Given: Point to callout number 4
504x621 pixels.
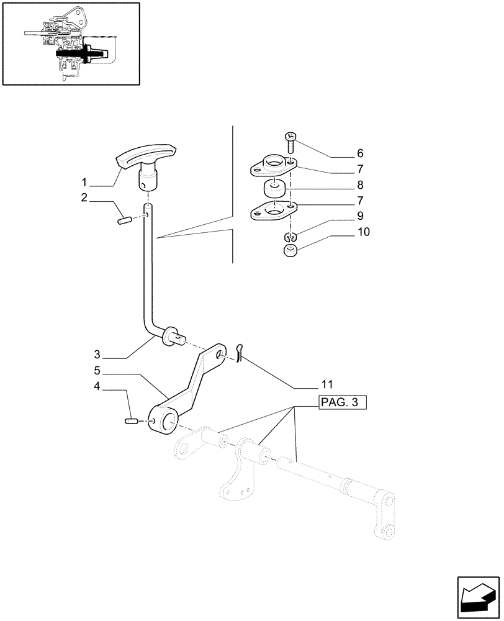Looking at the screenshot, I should click(97, 386).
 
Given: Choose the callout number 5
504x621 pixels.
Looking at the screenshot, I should click(97, 371).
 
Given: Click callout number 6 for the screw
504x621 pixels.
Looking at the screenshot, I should click(360, 153).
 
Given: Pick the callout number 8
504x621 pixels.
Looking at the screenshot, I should click(360, 185).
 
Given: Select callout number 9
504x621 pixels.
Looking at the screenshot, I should click(360, 216).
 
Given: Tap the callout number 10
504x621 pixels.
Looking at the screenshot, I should click(363, 232).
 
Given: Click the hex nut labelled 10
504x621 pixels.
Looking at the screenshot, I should click(289, 252).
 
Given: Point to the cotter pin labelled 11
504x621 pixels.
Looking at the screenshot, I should click(242, 351).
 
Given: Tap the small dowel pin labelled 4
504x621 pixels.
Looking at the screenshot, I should click(131, 422).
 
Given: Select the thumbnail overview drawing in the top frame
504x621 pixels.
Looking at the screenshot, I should click(70, 43).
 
